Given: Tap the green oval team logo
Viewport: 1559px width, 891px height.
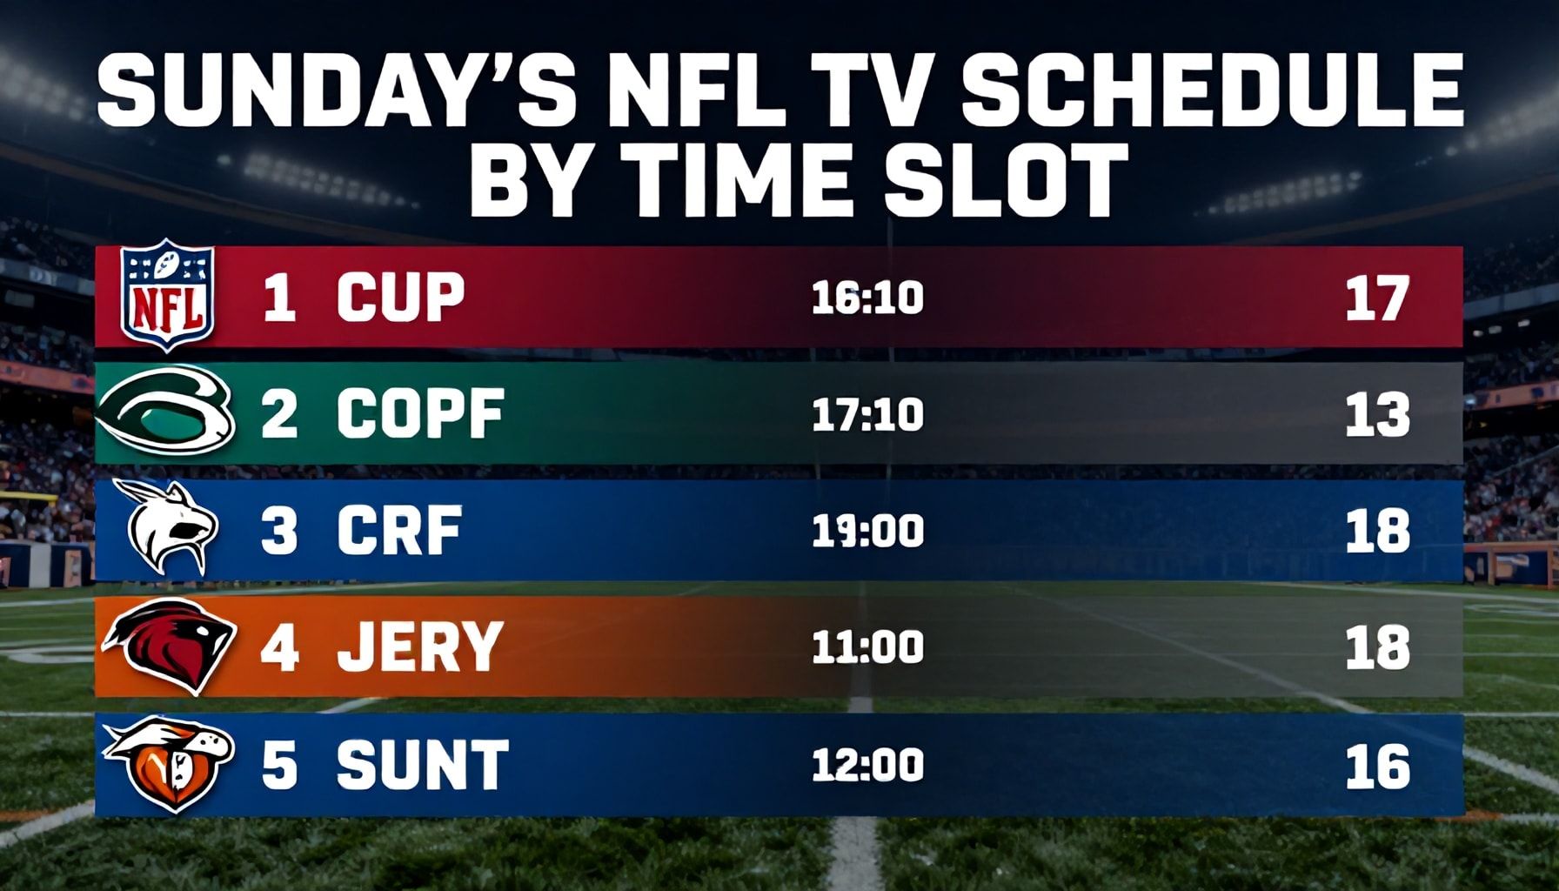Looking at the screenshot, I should pyautogui.click(x=164, y=412).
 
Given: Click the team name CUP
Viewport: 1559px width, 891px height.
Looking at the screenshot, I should pyautogui.click(x=400, y=298).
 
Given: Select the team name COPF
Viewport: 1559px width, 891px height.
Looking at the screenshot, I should pyautogui.click(x=420, y=414).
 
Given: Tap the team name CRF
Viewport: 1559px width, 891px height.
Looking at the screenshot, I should pyautogui.click(x=399, y=531).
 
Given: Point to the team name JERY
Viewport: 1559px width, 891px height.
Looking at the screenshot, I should pyautogui.click(x=419, y=647).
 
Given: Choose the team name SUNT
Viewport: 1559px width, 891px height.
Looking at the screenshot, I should pyautogui.click(x=422, y=765).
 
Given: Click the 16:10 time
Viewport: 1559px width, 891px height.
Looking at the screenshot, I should pyautogui.click(x=867, y=298).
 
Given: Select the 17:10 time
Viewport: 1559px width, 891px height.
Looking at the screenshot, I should pyautogui.click(x=867, y=415).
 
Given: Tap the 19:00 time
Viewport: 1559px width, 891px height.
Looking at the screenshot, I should pyautogui.click(x=867, y=531).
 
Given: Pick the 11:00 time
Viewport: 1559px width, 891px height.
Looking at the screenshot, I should pyautogui.click(x=867, y=648).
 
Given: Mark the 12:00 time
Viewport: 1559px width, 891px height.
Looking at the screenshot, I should pyautogui.click(x=867, y=766).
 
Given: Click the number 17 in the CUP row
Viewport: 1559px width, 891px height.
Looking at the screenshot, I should pyautogui.click(x=1376, y=298).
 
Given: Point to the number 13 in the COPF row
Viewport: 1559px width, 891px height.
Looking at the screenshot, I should pyautogui.click(x=1376, y=415).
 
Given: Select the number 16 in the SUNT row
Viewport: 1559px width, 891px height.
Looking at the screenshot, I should pyautogui.click(x=1376, y=766).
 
